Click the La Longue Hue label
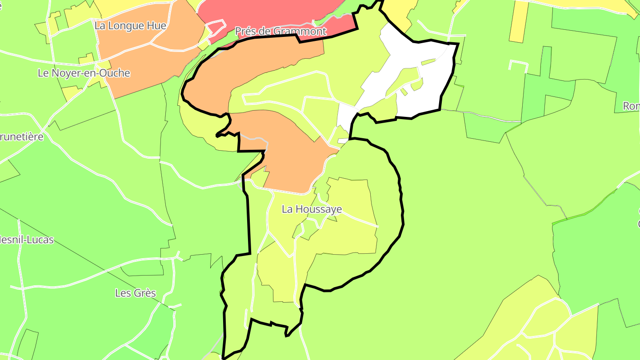click(130, 26)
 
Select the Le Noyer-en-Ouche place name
click(84, 73)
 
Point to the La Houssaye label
click(312, 209)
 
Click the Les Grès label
click(136, 293)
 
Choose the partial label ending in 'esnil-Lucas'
click(27, 240)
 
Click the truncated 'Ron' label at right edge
click(631, 106)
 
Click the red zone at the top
click(267, 11)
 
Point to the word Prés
click(246, 31)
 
